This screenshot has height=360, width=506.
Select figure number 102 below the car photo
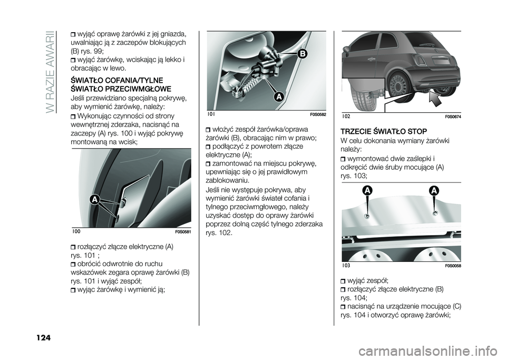click(346, 116)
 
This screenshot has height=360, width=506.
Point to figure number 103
click(346, 266)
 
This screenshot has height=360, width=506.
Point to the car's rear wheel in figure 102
click(398, 84)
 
